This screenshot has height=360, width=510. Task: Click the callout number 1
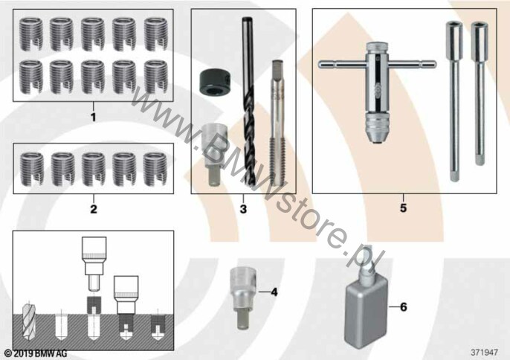94,117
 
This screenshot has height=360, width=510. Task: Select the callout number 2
94,209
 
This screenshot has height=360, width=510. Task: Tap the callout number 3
243,209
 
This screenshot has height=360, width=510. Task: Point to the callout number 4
274,292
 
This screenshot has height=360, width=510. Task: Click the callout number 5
403,208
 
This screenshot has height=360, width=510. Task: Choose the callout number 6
403,306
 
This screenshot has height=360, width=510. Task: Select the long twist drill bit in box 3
248,102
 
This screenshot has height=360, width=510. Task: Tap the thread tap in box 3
277,123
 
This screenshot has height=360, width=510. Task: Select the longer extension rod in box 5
453,101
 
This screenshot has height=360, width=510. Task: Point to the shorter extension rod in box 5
479,93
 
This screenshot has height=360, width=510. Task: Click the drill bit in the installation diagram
28,321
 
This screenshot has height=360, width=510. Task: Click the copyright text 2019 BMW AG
36,353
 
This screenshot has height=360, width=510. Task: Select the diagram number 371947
484,352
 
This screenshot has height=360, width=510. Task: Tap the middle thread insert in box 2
94,170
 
